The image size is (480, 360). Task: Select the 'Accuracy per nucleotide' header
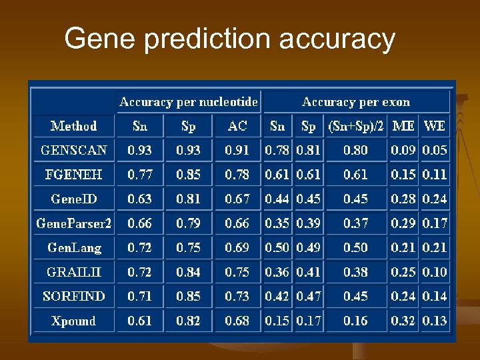(x=188, y=102)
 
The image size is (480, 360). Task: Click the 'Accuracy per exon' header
(x=356, y=102)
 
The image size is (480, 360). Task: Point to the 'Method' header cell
(x=74, y=126)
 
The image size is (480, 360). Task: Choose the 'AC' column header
(x=237, y=126)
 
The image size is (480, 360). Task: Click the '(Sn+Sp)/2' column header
(x=355, y=126)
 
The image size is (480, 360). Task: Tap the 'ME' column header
(x=403, y=126)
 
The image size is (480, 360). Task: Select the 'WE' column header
(x=435, y=126)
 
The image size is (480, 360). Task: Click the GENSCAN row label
(x=74, y=150)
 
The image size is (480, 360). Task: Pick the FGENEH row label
(x=74, y=175)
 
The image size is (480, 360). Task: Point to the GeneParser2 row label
(x=74, y=223)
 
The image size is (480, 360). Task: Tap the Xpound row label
(x=74, y=321)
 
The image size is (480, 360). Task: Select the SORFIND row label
(x=74, y=296)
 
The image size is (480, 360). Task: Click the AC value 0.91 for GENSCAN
(x=237, y=150)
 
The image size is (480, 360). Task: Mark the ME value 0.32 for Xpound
(x=403, y=321)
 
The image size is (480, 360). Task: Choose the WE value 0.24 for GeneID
(x=435, y=199)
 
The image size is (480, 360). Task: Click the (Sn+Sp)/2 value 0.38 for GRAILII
(x=355, y=272)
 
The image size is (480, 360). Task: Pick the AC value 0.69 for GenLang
(x=237, y=247)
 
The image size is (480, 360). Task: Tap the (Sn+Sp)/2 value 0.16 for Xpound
(x=355, y=321)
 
